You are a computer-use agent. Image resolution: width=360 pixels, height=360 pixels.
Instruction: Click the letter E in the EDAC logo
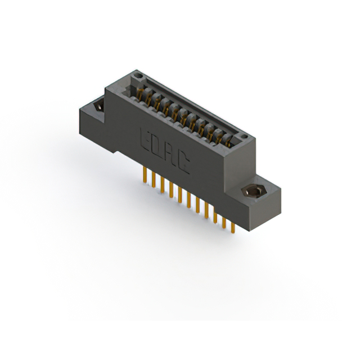[146, 138]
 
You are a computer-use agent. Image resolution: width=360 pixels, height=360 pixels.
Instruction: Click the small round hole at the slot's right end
[242, 137]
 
